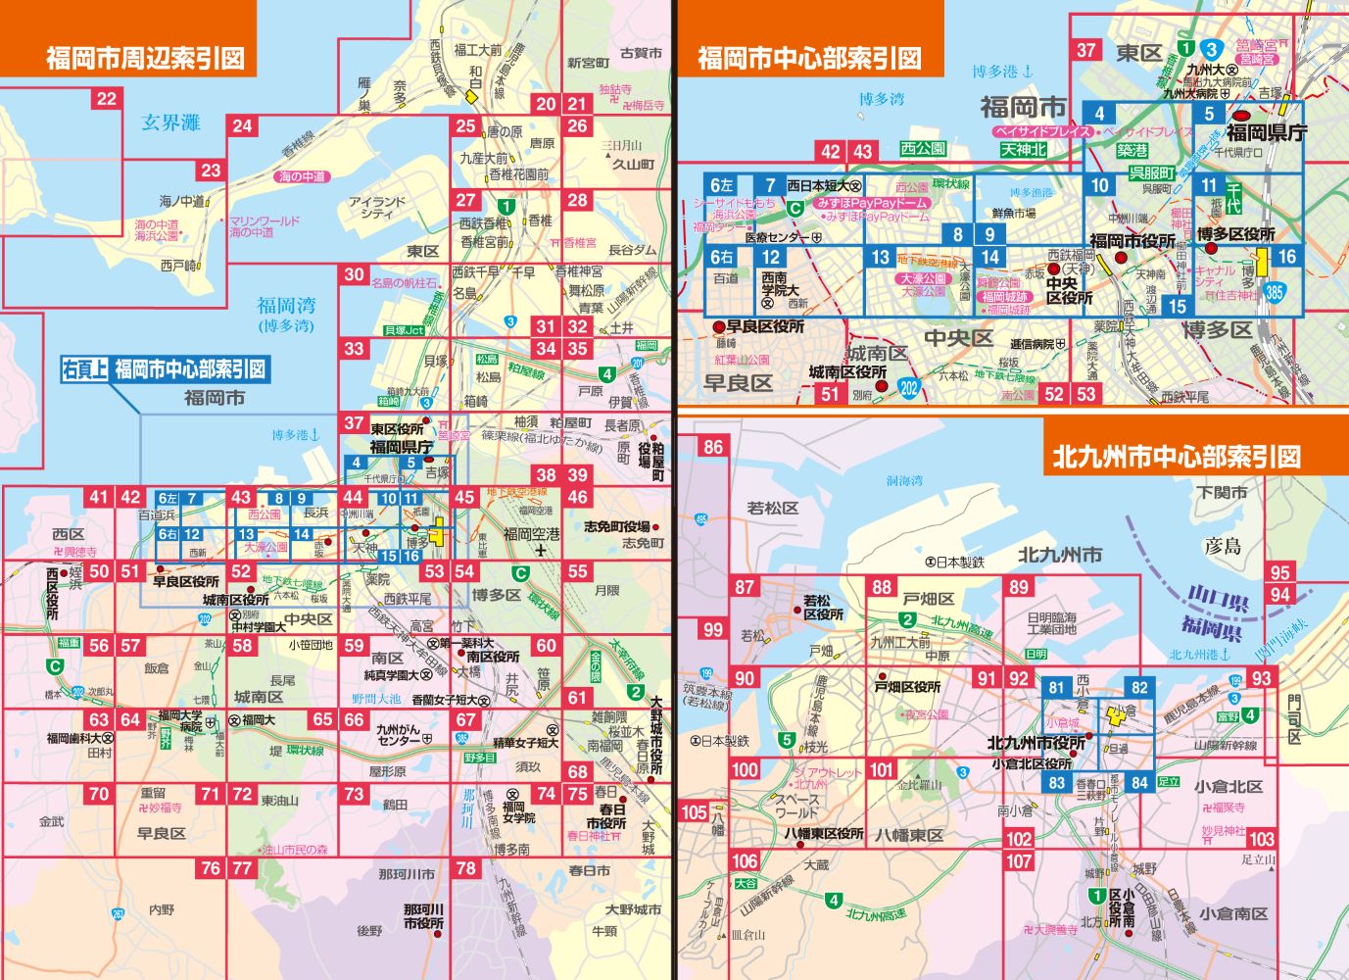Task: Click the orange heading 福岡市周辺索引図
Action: click(x=145, y=58)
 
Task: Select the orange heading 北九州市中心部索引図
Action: click(x=1177, y=456)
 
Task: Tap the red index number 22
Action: click(x=106, y=98)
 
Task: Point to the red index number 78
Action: click(x=465, y=867)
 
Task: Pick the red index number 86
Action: click(x=712, y=447)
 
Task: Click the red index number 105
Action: click(x=694, y=811)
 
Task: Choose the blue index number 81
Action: click(x=1055, y=688)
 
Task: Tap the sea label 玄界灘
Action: click(x=170, y=122)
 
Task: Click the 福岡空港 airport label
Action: click(x=532, y=534)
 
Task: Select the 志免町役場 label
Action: click(x=617, y=526)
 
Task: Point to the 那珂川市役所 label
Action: click(x=423, y=916)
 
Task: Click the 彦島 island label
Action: click(x=1222, y=546)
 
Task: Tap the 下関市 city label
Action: click(x=1223, y=492)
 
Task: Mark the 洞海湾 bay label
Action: click(x=904, y=480)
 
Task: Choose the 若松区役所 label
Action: click(x=823, y=608)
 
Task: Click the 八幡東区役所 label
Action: click(x=823, y=833)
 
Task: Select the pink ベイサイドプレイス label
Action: click(x=1042, y=130)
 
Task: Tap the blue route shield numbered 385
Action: click(x=1274, y=291)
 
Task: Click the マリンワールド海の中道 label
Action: click(x=264, y=226)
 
